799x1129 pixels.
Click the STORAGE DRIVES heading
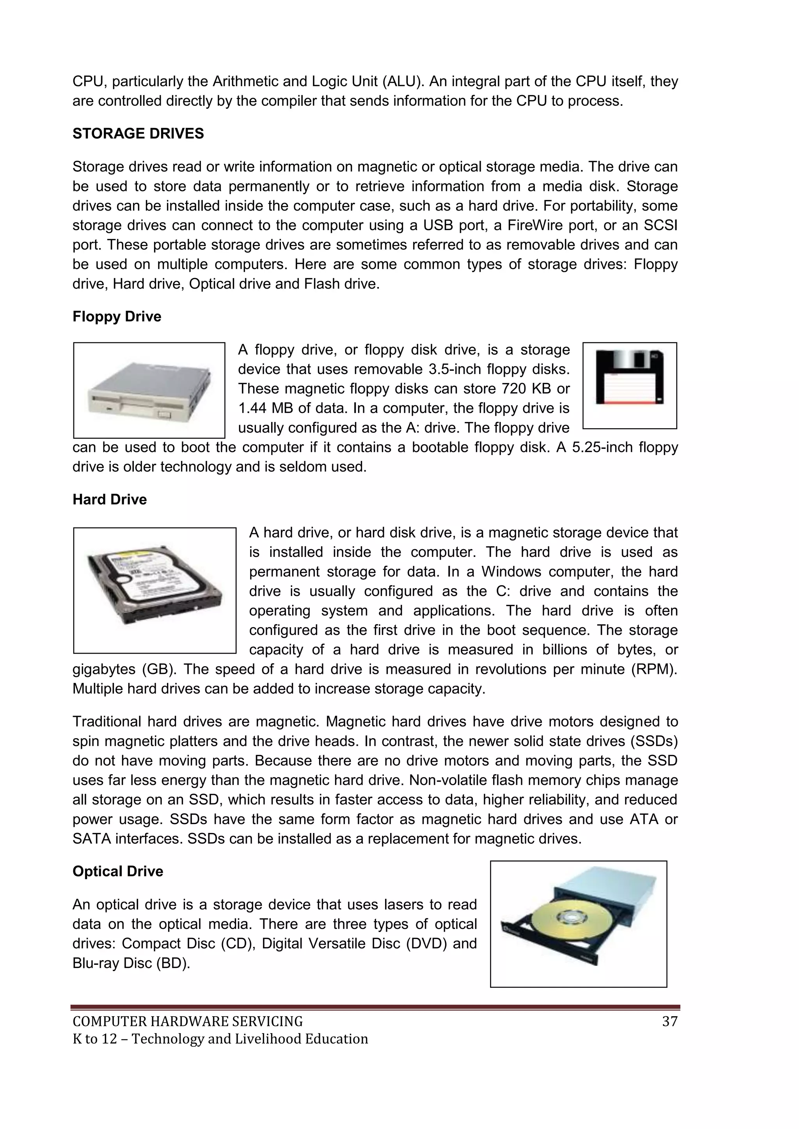(x=138, y=134)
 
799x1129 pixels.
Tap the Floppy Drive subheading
(x=117, y=316)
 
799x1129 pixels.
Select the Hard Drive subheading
(x=110, y=500)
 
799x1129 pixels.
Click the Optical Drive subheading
(x=117, y=871)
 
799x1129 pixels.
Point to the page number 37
(x=669, y=1022)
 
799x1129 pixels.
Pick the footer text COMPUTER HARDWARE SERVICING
(x=187, y=1022)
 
